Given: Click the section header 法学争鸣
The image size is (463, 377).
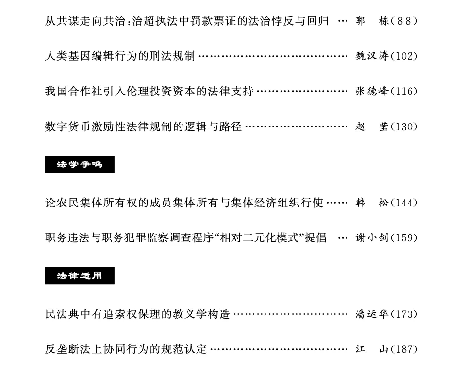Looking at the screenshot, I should click(x=80, y=165).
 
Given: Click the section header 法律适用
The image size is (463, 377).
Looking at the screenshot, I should click(x=80, y=276).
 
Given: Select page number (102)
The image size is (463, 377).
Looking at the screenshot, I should click(x=404, y=56).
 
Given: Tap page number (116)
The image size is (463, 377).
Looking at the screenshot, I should click(x=404, y=91).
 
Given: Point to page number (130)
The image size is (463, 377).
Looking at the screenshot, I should click(x=404, y=127).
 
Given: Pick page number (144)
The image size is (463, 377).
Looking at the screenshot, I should click(x=404, y=203).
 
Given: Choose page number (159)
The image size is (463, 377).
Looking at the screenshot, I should click(x=404, y=238).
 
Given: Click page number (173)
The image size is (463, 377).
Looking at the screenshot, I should click(x=404, y=314).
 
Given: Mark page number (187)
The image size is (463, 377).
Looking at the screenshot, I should click(x=404, y=349).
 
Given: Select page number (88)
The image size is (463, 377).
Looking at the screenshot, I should click(x=404, y=21).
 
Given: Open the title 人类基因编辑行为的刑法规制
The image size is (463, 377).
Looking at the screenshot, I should click(x=120, y=56).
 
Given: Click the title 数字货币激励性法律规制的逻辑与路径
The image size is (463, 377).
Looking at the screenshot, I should click(x=143, y=127).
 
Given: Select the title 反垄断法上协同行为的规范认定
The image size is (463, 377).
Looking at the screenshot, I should click(x=126, y=349).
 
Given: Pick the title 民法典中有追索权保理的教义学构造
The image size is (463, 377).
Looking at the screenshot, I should click(x=137, y=314).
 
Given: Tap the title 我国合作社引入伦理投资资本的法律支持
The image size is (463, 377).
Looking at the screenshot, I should click(x=149, y=91).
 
